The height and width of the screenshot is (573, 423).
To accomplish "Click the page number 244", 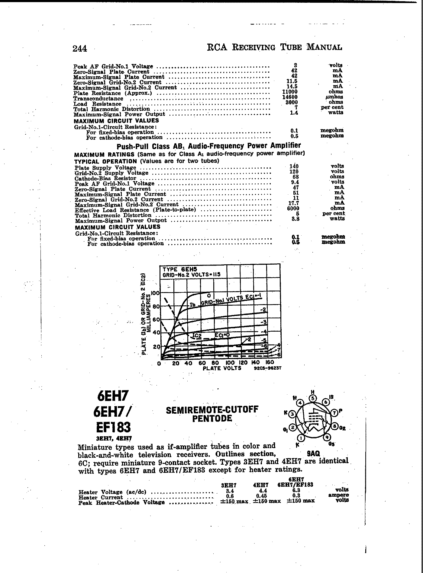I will pyautogui.click(x=80, y=48).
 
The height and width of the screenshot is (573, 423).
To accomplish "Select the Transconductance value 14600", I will pyautogui.click(x=292, y=97).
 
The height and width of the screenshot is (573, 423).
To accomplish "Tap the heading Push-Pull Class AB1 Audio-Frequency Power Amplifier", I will pyautogui.click(x=208, y=146).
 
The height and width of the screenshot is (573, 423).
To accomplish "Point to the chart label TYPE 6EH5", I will pyautogui.click(x=176, y=269).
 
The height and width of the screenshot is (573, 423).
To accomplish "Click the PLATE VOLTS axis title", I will pyautogui.click(x=222, y=368).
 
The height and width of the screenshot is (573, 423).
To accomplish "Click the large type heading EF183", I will pyautogui.click(x=113, y=427).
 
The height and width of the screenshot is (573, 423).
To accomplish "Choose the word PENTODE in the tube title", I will pyautogui.click(x=212, y=419).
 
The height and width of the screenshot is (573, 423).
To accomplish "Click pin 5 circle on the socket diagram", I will pyautogui.click(x=313, y=398).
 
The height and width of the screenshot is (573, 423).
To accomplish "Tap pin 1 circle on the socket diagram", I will pyautogui.click(x=301, y=438).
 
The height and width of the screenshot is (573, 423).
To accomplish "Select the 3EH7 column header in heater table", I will pyautogui.click(x=229, y=485).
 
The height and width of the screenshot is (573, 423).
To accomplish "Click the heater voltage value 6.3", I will pyautogui.click(x=296, y=491).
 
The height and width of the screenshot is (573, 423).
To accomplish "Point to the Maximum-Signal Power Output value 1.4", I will pyautogui.click(x=294, y=113).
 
